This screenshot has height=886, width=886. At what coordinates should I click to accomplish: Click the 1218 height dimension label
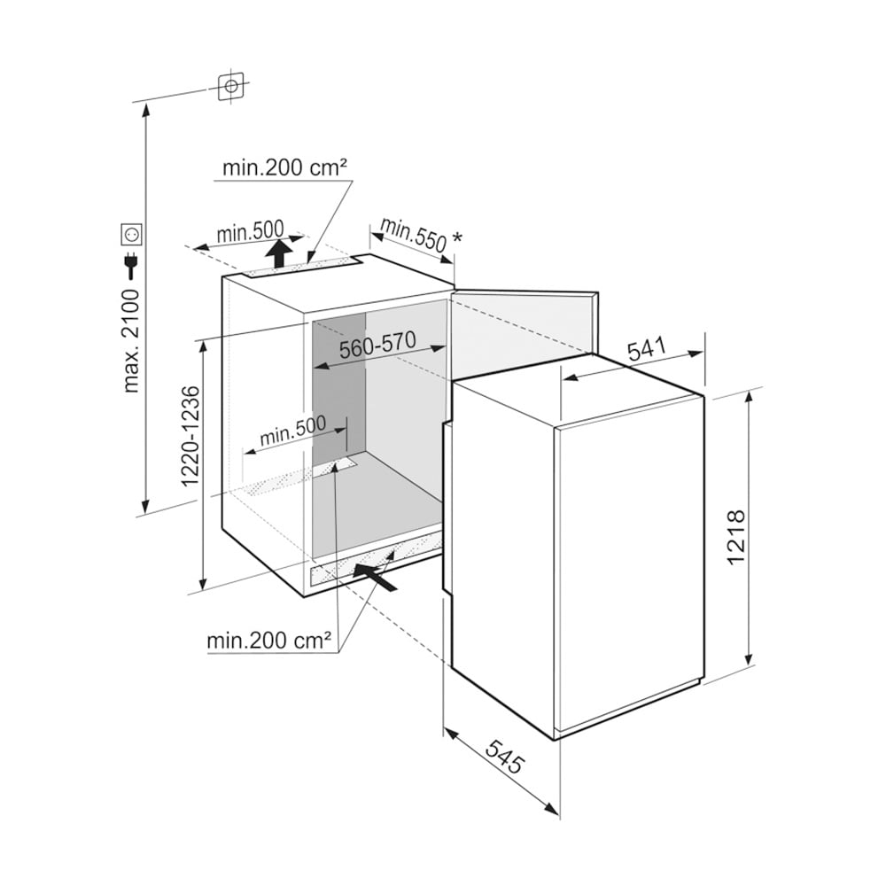(x=737, y=538)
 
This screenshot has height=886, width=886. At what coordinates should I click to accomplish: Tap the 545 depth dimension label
(x=505, y=756)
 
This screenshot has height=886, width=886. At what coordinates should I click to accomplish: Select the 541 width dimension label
(x=648, y=349)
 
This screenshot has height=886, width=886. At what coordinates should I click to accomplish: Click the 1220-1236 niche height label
(x=191, y=436)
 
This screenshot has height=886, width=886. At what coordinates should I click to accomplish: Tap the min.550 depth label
(x=414, y=234)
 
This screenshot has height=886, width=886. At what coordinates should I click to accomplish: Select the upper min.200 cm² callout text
(x=284, y=167)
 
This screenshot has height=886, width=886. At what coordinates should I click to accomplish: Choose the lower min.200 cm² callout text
(x=269, y=641)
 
